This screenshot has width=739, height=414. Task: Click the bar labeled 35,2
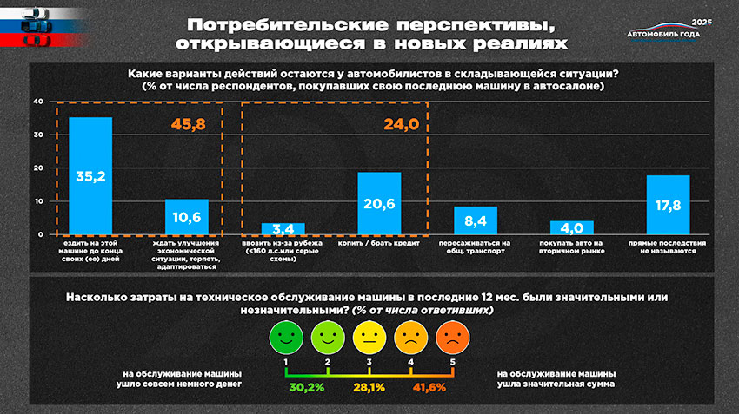click(90, 176)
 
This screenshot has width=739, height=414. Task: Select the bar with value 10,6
click(186, 217)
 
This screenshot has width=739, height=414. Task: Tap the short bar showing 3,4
click(283, 229)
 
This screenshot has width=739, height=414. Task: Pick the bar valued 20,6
click(379, 203)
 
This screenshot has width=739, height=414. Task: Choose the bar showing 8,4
click(476, 220)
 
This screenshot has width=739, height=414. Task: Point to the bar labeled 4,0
click(571, 228)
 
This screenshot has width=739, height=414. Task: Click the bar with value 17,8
click(668, 205)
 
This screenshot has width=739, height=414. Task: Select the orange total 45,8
click(188, 124)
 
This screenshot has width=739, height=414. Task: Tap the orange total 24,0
click(401, 124)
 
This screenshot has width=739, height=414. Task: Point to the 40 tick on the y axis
click(37, 102)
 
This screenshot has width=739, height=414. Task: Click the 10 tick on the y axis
click(37, 201)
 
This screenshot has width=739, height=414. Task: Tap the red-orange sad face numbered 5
click(451, 337)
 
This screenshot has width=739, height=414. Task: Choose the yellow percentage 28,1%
click(368, 386)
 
